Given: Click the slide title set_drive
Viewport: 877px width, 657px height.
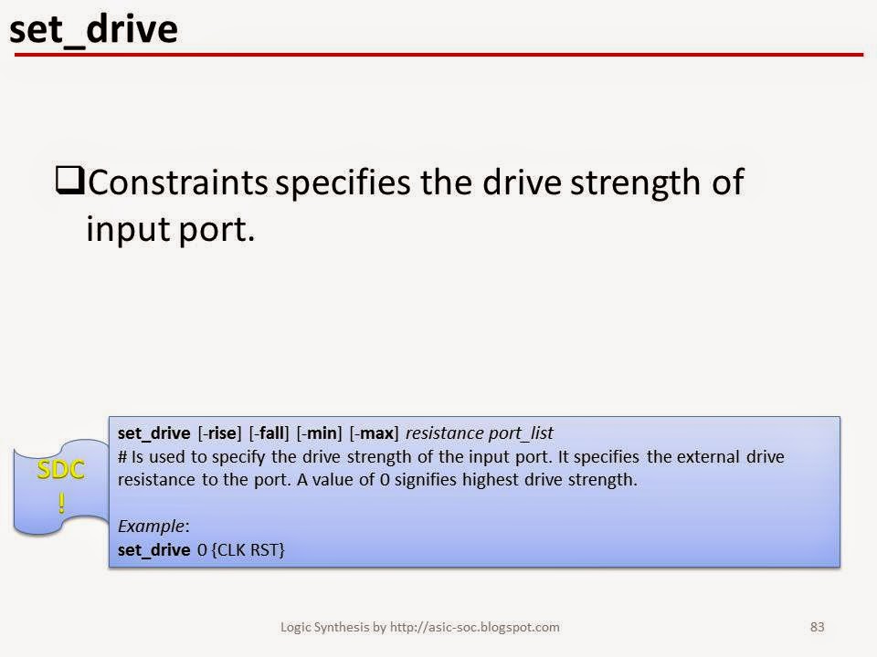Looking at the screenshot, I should tap(92, 30).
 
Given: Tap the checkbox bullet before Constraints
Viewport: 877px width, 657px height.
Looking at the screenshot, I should tap(70, 182).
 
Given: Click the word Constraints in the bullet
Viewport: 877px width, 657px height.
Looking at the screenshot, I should tap(178, 182).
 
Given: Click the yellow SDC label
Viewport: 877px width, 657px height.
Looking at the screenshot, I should tap(61, 471).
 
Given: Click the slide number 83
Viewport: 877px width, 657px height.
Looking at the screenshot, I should tap(818, 627).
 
